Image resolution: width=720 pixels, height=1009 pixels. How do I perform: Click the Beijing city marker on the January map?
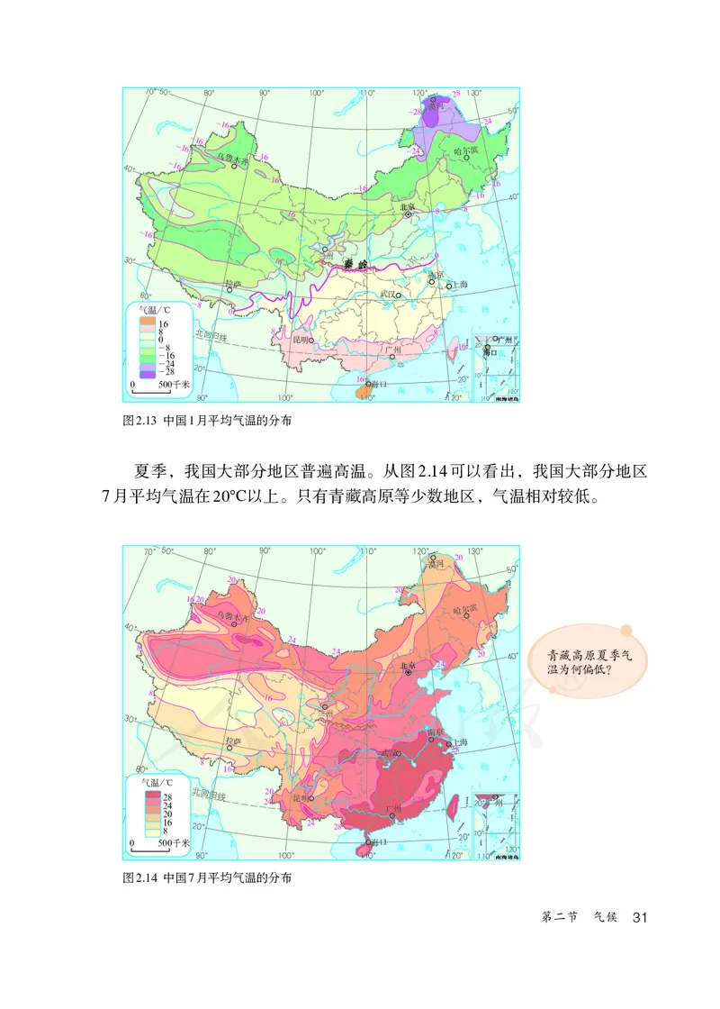click(x=409, y=214)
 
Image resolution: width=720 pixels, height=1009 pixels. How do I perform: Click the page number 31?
click(x=641, y=918)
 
